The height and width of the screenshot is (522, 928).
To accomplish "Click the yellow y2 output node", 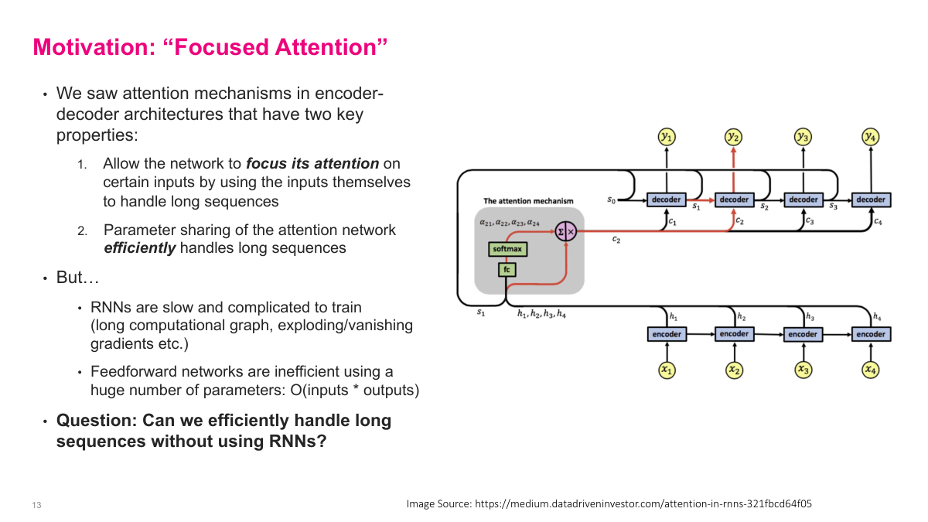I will (733, 137).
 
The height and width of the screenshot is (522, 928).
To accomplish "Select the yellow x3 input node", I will (803, 370).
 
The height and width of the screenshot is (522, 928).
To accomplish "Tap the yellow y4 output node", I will (871, 137).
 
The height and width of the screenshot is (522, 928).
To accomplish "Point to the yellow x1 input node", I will (666, 370).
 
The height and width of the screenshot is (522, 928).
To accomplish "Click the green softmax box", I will (507, 249).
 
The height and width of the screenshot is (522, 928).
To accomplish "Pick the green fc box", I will (507, 270).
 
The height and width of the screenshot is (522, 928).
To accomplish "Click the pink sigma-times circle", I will (567, 230).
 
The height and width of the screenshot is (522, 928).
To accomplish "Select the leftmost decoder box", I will (666, 200).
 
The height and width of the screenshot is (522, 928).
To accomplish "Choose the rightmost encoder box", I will (871, 334).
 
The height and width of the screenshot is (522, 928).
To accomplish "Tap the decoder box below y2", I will (734, 200).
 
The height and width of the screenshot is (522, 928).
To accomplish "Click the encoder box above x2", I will (734, 334).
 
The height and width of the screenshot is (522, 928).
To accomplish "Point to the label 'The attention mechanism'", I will (528, 201).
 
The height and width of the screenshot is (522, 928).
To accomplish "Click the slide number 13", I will (36, 505).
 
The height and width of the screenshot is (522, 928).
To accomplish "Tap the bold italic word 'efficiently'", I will (139, 248).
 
